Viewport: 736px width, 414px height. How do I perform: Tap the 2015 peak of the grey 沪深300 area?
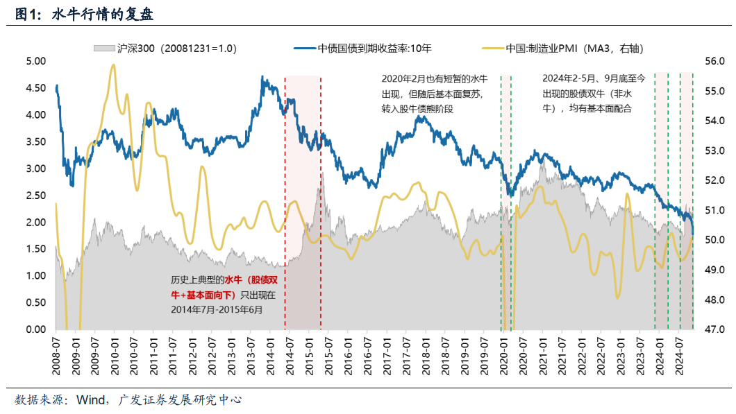click(321, 173)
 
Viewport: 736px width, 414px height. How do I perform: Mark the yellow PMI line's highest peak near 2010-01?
click(112, 64)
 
